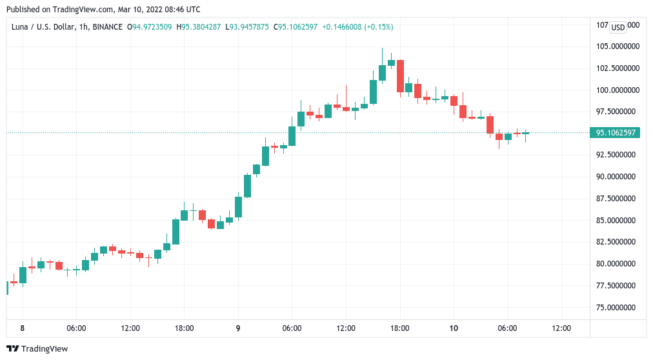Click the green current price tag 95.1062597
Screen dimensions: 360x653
(616, 133)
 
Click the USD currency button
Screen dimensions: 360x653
(618, 27)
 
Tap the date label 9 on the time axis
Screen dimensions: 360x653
(238, 328)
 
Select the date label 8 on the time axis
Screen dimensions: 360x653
(22, 328)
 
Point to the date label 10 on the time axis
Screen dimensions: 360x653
(454, 328)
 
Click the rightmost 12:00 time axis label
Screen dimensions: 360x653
(561, 328)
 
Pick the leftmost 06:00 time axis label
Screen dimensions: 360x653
(76, 328)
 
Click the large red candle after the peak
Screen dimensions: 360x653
(400, 75)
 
